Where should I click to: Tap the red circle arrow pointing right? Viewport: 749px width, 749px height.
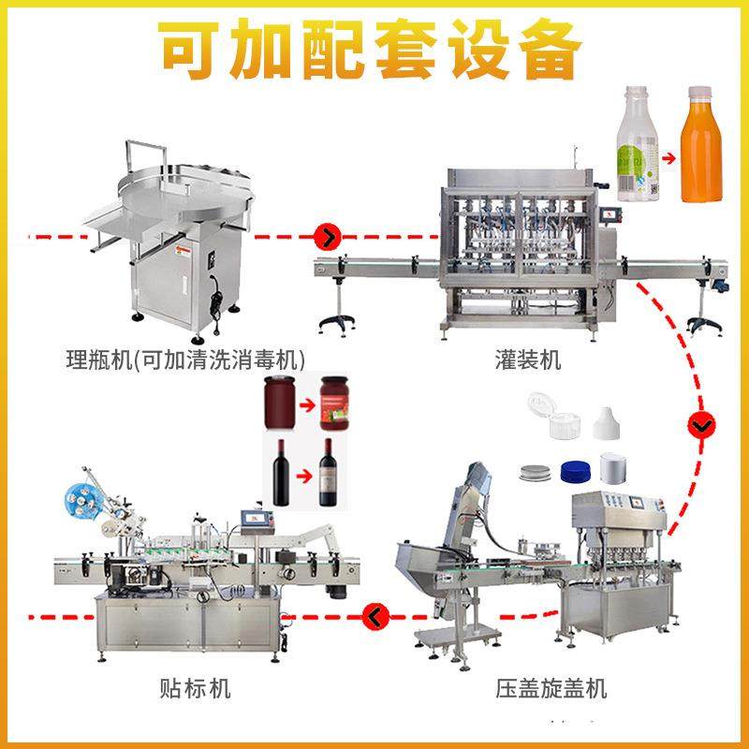328,234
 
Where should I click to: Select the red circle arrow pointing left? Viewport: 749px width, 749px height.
374,615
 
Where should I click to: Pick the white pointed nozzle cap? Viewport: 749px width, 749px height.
609,426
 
